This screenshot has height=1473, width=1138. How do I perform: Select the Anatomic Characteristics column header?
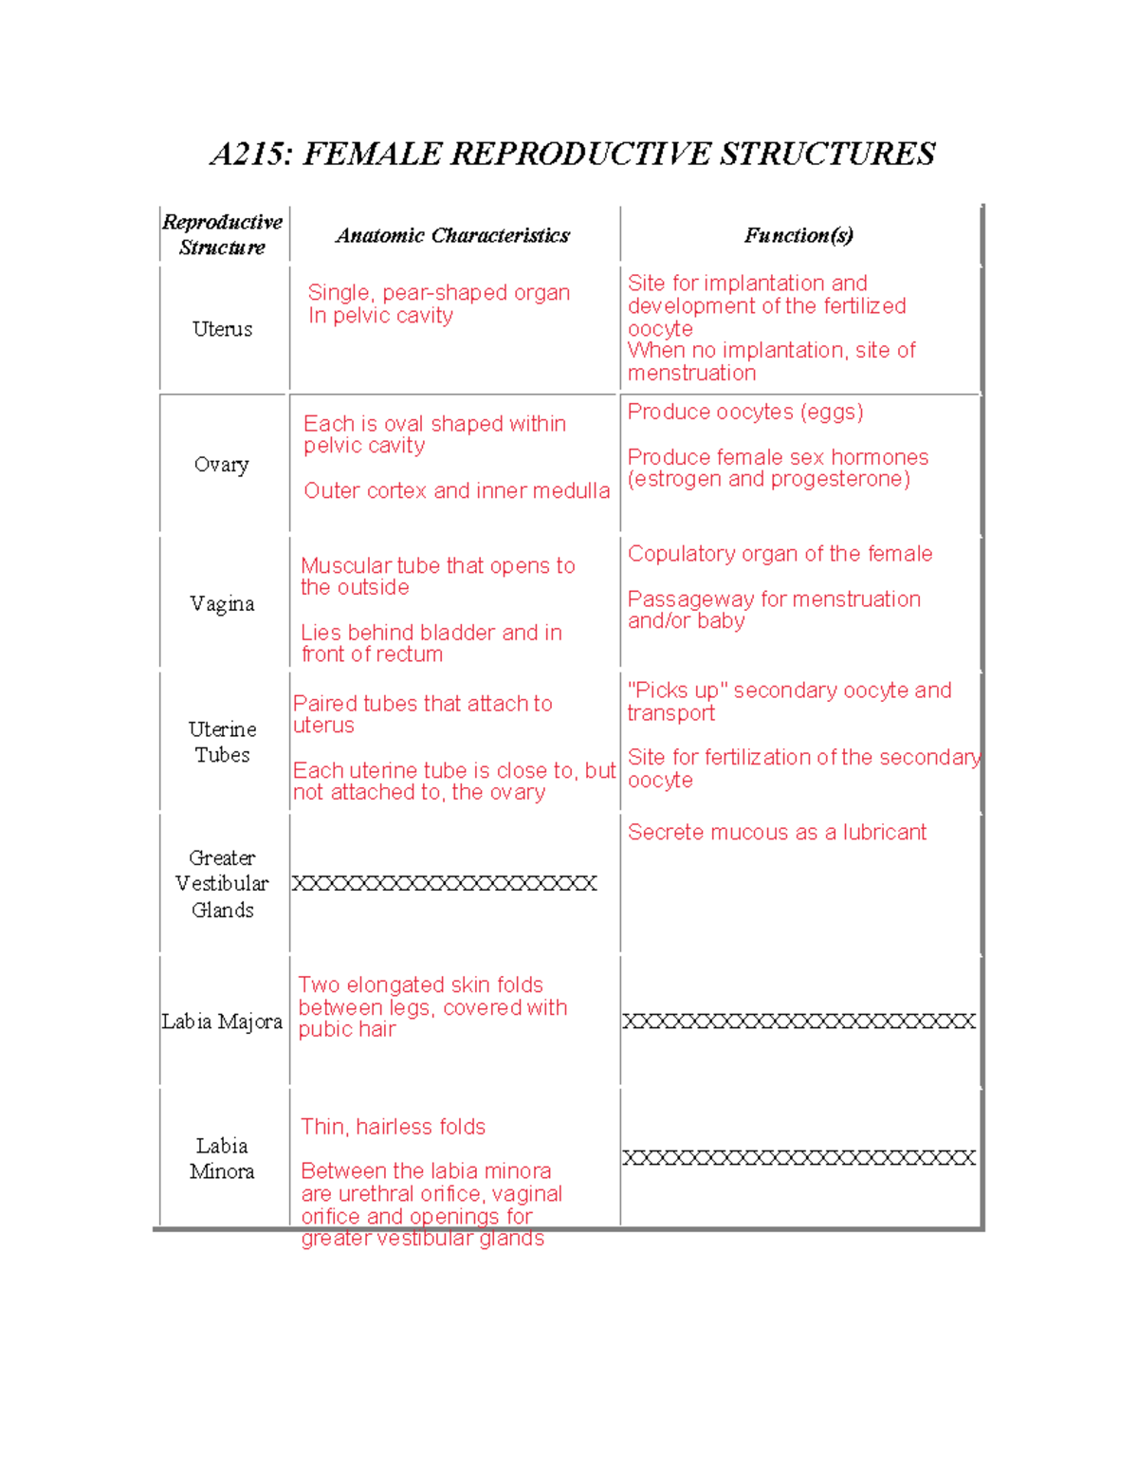point(452,235)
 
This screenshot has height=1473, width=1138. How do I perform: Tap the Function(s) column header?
point(798,235)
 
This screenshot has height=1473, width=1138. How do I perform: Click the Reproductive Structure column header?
point(222,234)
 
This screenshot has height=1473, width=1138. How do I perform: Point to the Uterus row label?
point(222,329)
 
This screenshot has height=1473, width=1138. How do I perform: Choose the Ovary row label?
point(221,465)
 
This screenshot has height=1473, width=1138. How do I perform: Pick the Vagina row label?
point(222,604)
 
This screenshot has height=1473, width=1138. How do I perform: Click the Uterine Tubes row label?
point(222,742)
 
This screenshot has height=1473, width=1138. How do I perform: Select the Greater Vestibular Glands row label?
point(222,883)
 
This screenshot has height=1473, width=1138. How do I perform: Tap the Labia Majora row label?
point(222,1022)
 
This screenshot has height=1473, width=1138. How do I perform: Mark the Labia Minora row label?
point(222,1158)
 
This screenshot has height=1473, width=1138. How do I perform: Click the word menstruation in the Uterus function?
point(691,374)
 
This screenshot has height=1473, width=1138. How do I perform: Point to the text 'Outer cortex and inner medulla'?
point(456,491)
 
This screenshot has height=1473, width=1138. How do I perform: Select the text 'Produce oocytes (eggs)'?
point(745,412)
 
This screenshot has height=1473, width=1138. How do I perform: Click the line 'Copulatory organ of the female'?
point(780,554)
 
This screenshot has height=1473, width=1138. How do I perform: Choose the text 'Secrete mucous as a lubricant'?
point(777,833)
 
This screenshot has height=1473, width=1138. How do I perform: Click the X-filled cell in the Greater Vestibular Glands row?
point(444,884)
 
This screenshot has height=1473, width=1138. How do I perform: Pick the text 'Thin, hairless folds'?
point(393,1127)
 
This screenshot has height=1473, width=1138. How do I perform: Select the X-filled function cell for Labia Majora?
point(798,1022)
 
